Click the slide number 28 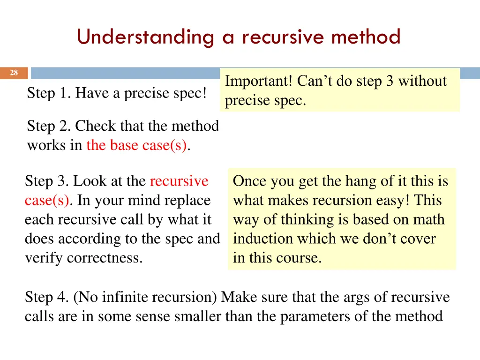point(14,73)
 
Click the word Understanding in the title point(145,37)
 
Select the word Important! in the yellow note point(259,81)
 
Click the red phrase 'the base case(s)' point(136,145)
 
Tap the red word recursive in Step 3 point(179,181)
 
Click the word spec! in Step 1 point(190,93)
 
